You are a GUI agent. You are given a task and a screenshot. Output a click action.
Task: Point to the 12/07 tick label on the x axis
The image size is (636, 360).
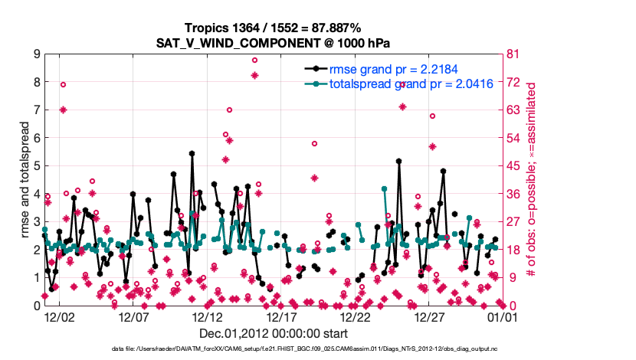(x=133, y=316)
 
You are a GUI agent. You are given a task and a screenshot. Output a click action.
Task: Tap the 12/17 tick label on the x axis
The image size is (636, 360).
(x=281, y=316)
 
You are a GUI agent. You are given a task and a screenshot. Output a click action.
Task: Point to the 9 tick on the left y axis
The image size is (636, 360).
(x=37, y=54)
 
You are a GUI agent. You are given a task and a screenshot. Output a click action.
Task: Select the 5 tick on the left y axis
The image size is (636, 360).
(x=37, y=166)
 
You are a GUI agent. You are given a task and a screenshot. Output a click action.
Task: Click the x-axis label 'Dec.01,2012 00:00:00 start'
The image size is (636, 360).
(x=274, y=333)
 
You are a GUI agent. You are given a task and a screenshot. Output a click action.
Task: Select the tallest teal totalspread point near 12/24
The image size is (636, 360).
(x=384, y=188)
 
